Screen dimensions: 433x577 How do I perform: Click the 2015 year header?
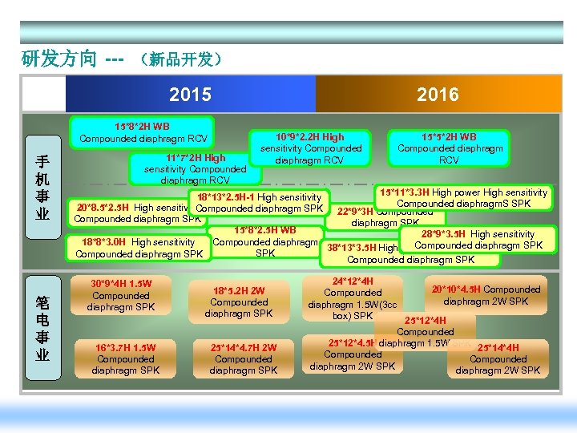pyautogui.click(x=191, y=95)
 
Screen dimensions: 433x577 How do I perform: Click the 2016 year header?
pyautogui.click(x=438, y=95)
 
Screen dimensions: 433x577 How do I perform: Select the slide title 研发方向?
pyautogui.click(x=59, y=59)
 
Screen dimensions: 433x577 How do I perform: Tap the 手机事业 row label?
pyautogui.click(x=41, y=188)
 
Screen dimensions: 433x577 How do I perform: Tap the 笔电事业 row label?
pyautogui.click(x=41, y=328)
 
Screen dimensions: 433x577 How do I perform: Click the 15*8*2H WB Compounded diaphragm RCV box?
pyautogui.click(x=142, y=132)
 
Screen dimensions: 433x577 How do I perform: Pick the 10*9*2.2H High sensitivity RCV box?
pyautogui.click(x=310, y=148)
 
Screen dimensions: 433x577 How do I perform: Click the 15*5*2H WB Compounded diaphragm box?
pyautogui.click(x=450, y=148)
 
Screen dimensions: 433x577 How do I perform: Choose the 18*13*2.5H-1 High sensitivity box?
pyautogui.click(x=256, y=203)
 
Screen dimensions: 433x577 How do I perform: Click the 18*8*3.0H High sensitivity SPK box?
pyautogui.click(x=138, y=248)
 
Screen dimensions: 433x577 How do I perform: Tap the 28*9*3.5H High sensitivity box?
pyautogui.click(x=478, y=240)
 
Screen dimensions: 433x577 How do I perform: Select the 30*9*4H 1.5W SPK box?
pyautogui.click(x=121, y=295)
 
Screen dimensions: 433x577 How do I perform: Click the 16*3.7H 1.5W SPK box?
pyautogui.click(x=125, y=358)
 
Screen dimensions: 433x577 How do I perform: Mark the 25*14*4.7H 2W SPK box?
pyautogui.click(x=243, y=358)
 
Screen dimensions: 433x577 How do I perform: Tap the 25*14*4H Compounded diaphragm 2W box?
pyautogui.click(x=498, y=358)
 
